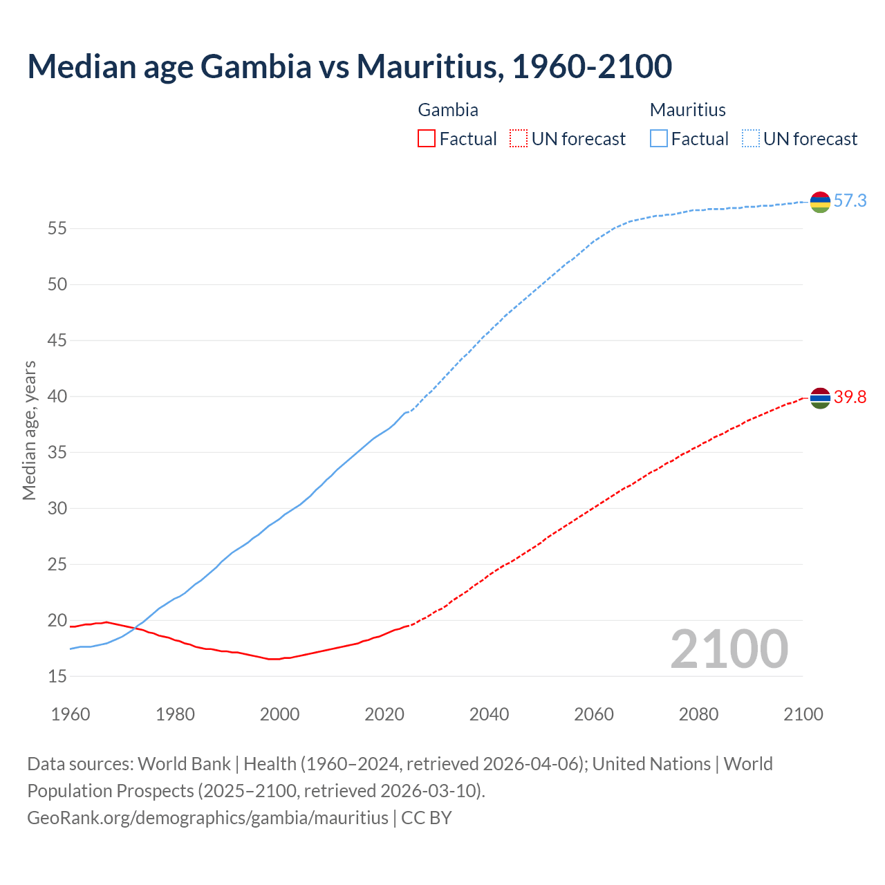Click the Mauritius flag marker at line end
(x=820, y=202)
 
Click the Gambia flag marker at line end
(x=820, y=398)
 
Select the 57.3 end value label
(x=850, y=201)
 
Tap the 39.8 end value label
(x=850, y=398)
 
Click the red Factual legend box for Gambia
(x=427, y=139)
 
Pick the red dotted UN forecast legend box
(x=519, y=139)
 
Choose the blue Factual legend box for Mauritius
(x=658, y=139)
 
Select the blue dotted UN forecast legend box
(x=750, y=139)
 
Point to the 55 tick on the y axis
(x=57, y=228)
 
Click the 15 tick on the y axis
(x=57, y=676)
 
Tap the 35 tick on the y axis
(x=57, y=452)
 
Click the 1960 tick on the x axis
(x=71, y=714)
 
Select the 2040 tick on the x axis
(x=489, y=714)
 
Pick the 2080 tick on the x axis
(x=698, y=714)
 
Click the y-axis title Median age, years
(x=29, y=430)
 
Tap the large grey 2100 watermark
(x=729, y=649)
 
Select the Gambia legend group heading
(x=448, y=110)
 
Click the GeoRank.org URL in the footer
(x=207, y=818)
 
